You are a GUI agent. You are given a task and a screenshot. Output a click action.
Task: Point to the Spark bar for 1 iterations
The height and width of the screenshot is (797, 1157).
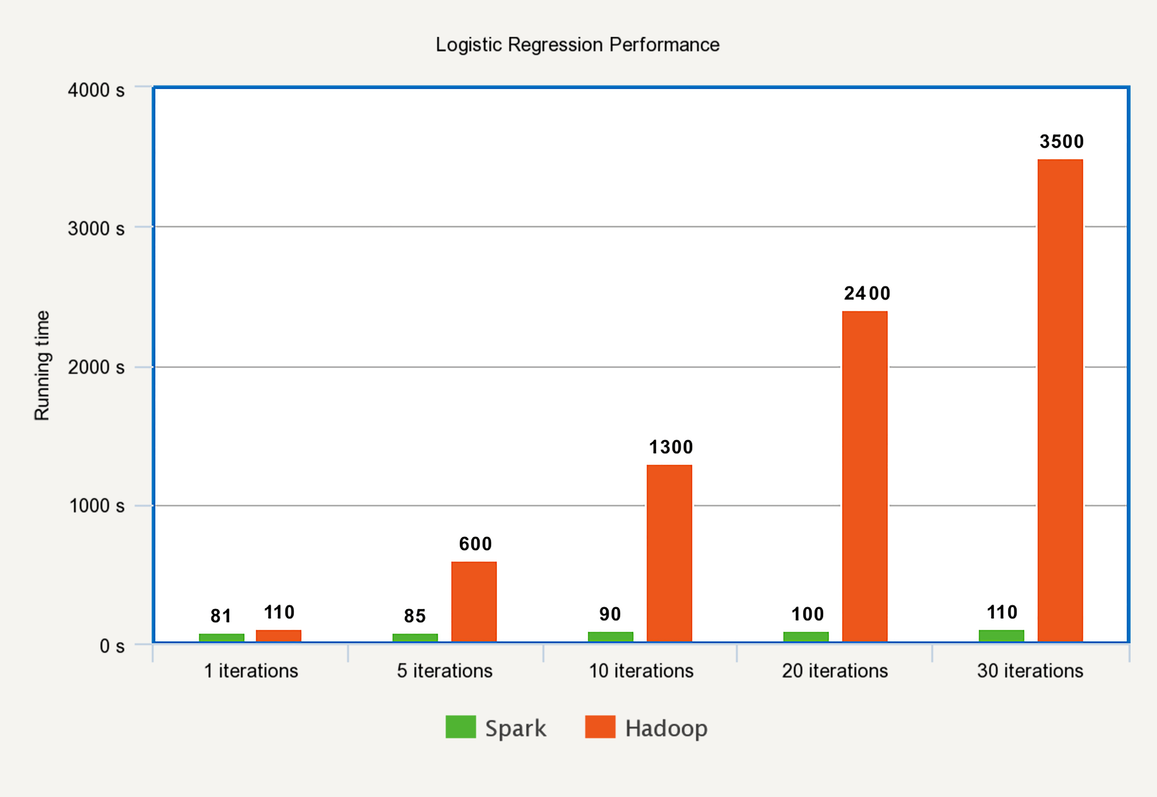[x=222, y=638]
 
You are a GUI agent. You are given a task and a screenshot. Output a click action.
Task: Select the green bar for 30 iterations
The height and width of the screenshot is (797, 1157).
[x=1001, y=636]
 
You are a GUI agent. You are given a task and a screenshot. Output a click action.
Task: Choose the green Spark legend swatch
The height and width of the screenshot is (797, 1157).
[x=460, y=727]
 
